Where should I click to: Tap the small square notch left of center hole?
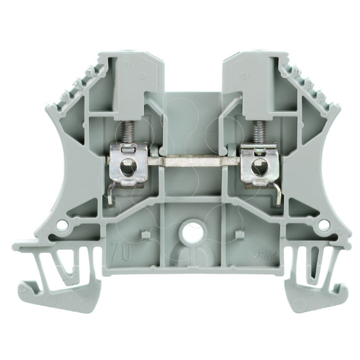point(145,232)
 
